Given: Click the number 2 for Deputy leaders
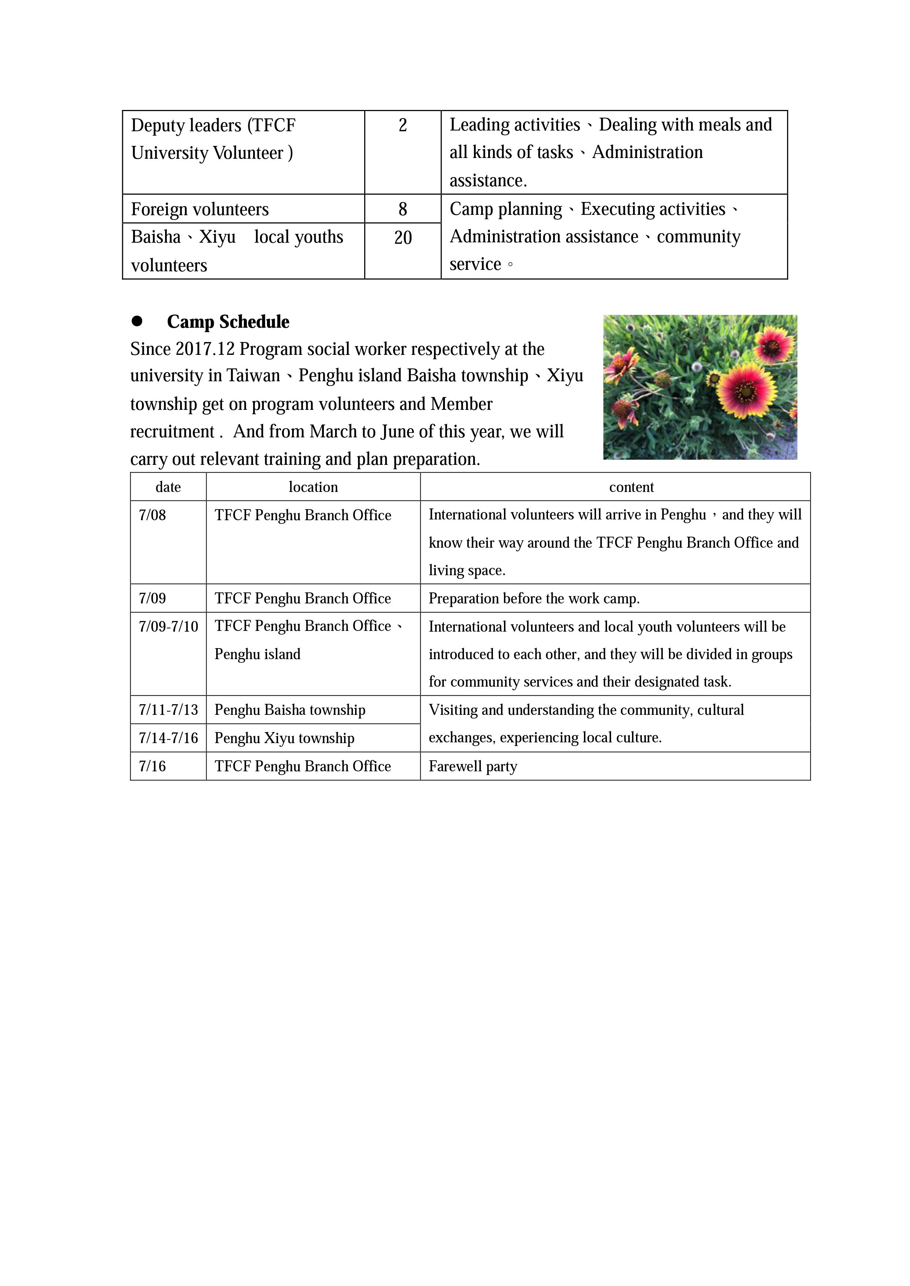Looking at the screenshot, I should click(402, 125).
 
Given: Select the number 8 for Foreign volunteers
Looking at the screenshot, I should click(402, 209).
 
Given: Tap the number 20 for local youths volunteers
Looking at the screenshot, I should click(403, 238).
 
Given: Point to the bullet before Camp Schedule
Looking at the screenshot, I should click(137, 321).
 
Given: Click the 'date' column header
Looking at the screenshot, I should click(168, 487).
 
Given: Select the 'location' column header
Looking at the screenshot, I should click(313, 487).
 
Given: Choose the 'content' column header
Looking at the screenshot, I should click(631, 487).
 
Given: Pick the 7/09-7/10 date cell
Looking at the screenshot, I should click(168, 626).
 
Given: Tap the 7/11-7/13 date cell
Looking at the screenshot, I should click(168, 710).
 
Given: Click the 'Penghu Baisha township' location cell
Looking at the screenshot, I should click(290, 710).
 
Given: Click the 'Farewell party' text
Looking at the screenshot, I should click(472, 766).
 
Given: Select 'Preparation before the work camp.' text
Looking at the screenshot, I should click(533, 599).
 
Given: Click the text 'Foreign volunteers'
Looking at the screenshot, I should click(200, 209).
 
